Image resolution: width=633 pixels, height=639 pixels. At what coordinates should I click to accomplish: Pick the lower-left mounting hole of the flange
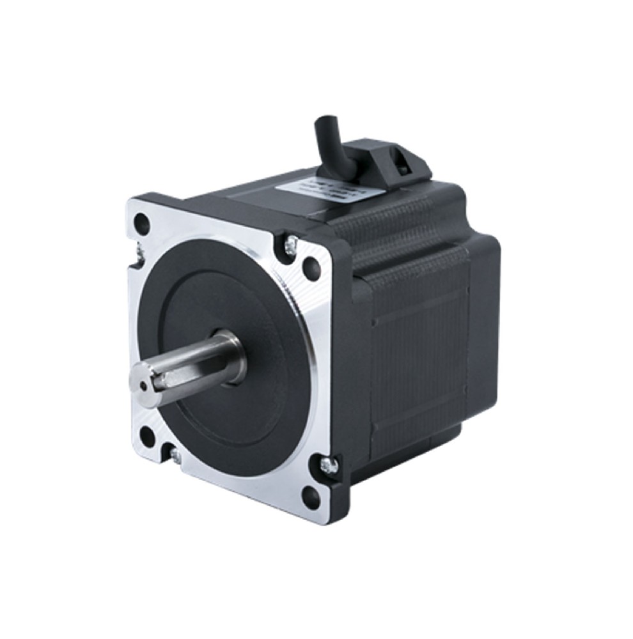coord(146,436)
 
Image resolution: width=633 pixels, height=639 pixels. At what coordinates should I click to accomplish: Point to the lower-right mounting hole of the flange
coord(311,495)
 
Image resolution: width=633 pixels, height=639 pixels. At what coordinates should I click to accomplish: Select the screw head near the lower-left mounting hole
coord(174,455)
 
